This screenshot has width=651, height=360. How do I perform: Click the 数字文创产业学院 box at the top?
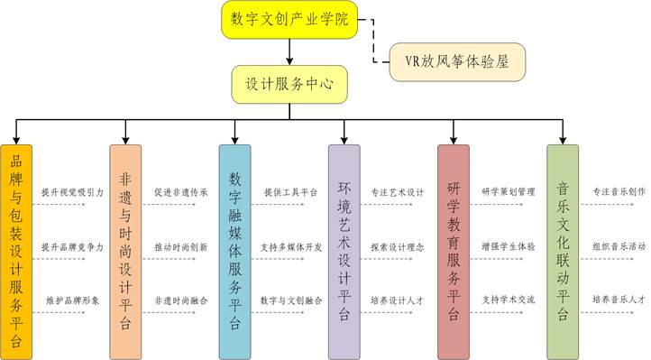tap(289, 20)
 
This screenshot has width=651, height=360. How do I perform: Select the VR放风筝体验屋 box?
tap(457, 63)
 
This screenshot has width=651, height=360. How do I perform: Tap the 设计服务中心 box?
tap(289, 83)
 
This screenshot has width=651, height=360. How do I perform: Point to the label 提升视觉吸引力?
tap(72, 193)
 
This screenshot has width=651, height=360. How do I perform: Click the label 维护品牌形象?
tap(72, 300)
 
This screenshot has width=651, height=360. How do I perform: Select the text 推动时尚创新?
tap(180, 246)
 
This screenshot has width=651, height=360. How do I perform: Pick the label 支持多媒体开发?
tap(290, 246)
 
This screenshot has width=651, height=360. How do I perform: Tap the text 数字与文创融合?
tap(290, 300)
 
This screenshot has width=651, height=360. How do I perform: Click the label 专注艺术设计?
tap(398, 193)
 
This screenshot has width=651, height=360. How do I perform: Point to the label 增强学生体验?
tap(508, 246)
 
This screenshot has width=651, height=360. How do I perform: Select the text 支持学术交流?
tap(508, 300)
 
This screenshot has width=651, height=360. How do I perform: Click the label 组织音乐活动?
tap(619, 246)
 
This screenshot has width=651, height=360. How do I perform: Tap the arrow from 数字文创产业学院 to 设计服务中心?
tap(289, 51)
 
